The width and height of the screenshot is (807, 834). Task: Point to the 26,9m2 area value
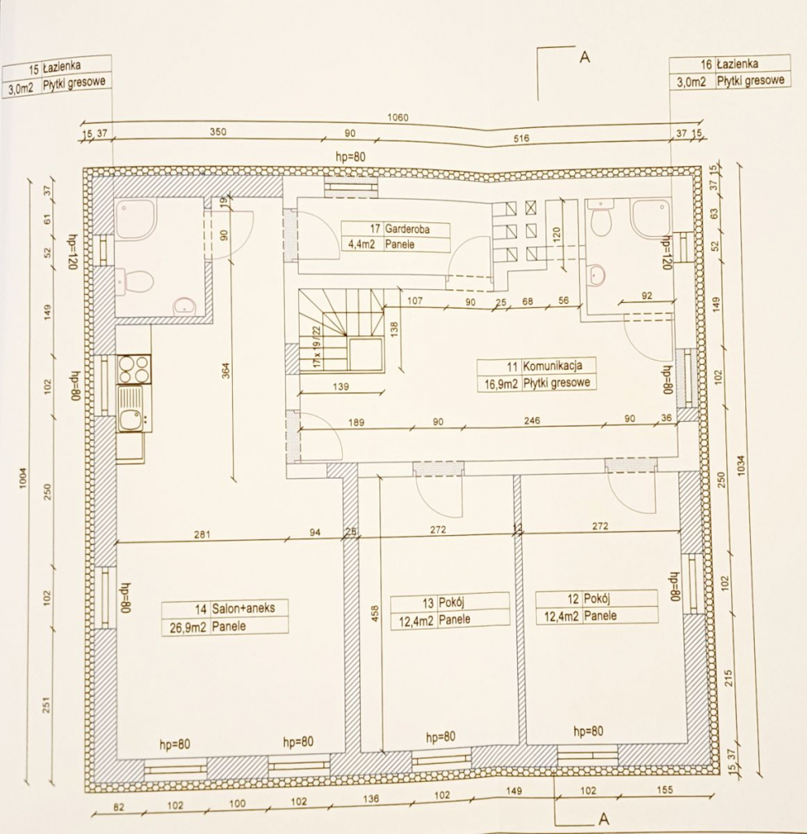pyautogui.click(x=186, y=626)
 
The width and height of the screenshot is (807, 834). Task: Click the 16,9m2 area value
pyautogui.click(x=498, y=383)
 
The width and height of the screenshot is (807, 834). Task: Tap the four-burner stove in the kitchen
pyautogui.click(x=134, y=369)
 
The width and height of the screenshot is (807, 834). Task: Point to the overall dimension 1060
pyautogui.click(x=397, y=117)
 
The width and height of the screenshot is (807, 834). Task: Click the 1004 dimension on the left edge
pyautogui.click(x=24, y=479)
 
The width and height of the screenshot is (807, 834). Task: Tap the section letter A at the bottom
pyautogui.click(x=603, y=817)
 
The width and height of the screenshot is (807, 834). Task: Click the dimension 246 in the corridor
pyautogui.click(x=533, y=422)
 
